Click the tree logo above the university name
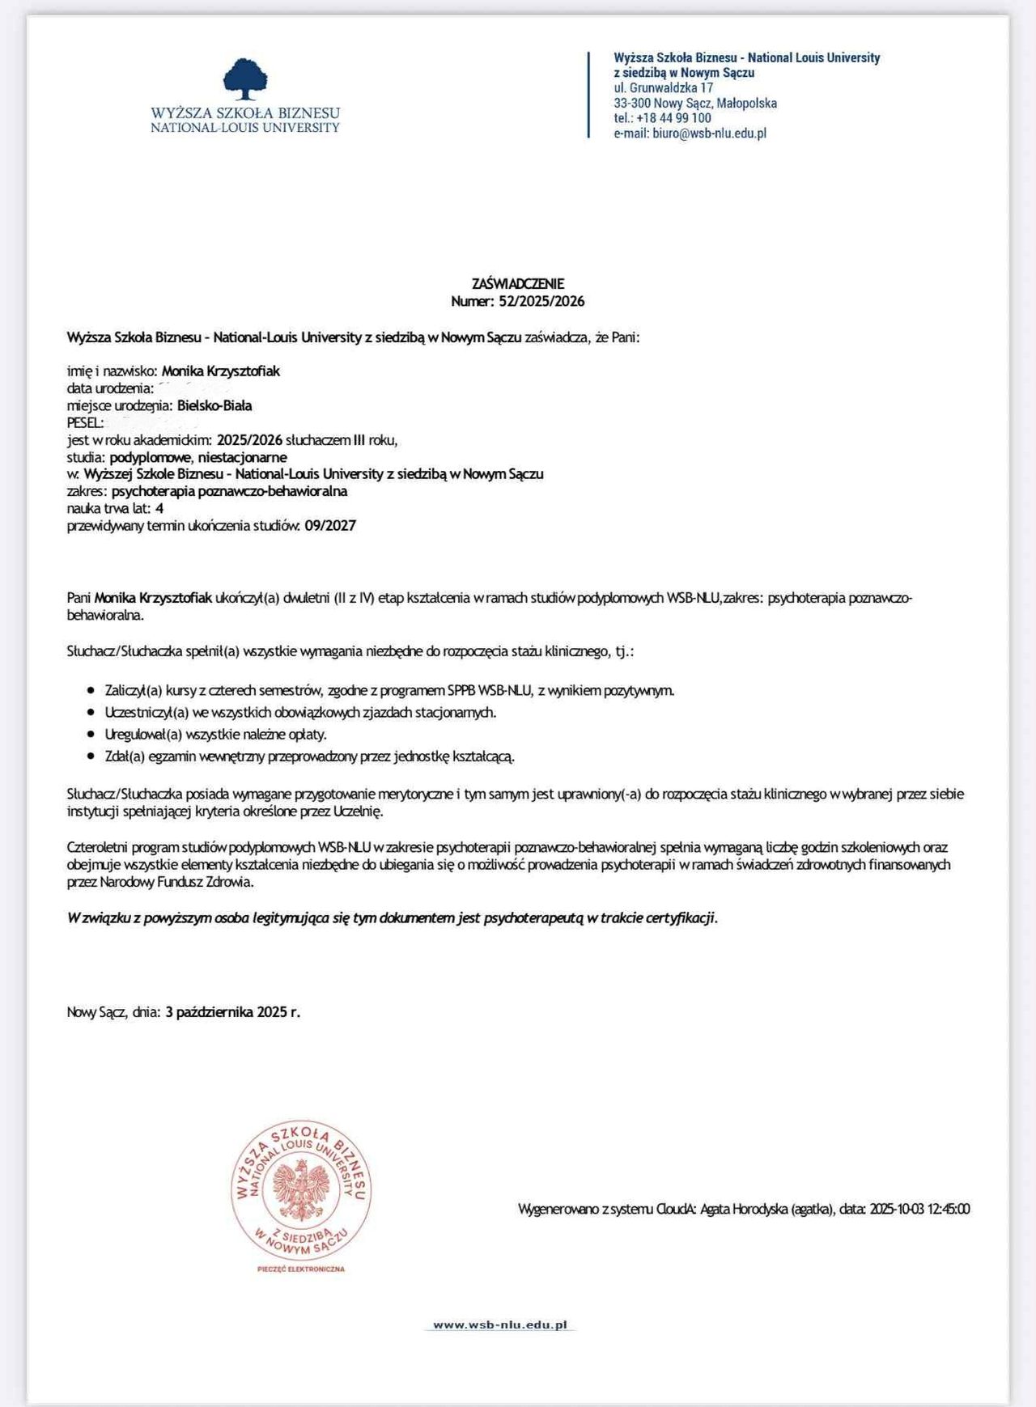pyautogui.click(x=245, y=78)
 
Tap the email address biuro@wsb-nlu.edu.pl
pyautogui.click(x=709, y=133)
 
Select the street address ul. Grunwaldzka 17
pyautogui.click(x=663, y=87)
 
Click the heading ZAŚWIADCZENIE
pyautogui.click(x=517, y=284)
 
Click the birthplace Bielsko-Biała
pyautogui.click(x=214, y=405)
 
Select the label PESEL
pyautogui.click(x=84, y=422)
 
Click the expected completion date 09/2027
pyautogui.click(x=330, y=526)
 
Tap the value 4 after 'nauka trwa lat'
pyautogui.click(x=159, y=508)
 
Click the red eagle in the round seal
pyautogui.click(x=300, y=1189)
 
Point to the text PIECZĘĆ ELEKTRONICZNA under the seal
pyautogui.click(x=301, y=1269)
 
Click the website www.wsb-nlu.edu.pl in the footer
pyautogui.click(x=499, y=1324)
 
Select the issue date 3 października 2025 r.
pyautogui.click(x=232, y=1012)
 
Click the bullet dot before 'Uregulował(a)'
pyautogui.click(x=91, y=735)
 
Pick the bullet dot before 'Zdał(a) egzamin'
pyautogui.click(x=91, y=756)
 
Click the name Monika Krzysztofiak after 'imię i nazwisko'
pyautogui.click(x=221, y=371)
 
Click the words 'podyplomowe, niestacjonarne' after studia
pyautogui.click(x=198, y=457)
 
